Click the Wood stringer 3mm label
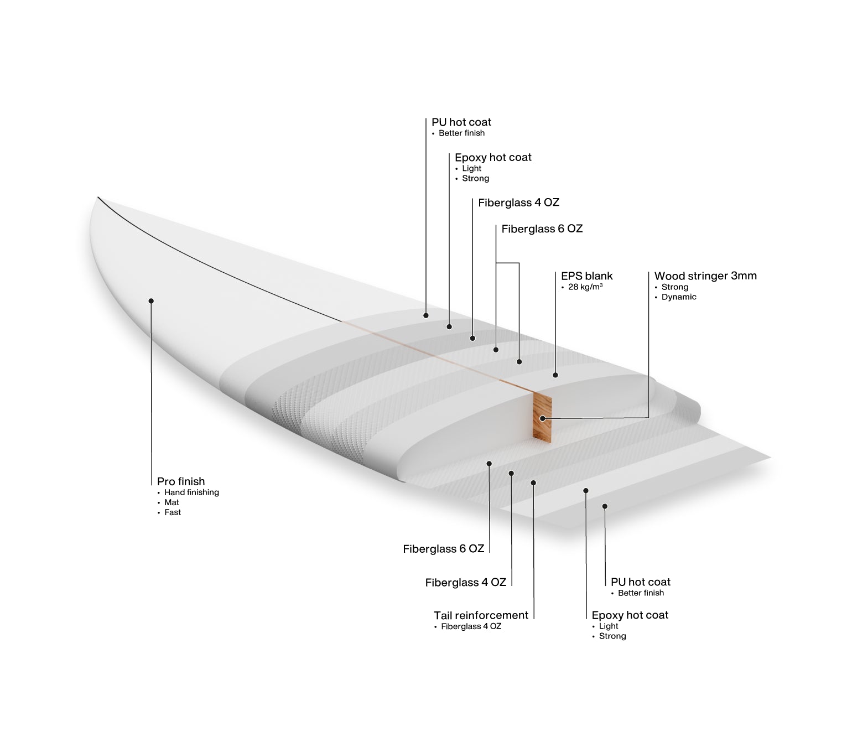click(x=705, y=276)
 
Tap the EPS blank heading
click(x=586, y=276)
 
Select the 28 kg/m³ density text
click(x=585, y=287)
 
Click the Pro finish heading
click(x=181, y=481)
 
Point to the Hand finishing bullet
click(x=191, y=492)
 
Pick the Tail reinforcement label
click(x=481, y=615)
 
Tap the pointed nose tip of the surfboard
click(x=98, y=198)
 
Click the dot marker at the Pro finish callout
click(x=151, y=301)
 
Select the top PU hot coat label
click(x=461, y=122)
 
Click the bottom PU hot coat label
click(x=641, y=582)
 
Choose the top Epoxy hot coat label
click(x=493, y=157)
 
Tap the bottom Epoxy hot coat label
click(x=630, y=615)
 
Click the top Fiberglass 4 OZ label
click(x=519, y=203)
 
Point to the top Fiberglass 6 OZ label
click(x=542, y=229)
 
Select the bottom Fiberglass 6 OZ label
click(x=443, y=549)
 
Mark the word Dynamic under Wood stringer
click(x=678, y=297)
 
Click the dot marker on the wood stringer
click(x=542, y=419)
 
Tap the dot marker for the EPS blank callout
click(x=555, y=375)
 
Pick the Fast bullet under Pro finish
click(x=173, y=512)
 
